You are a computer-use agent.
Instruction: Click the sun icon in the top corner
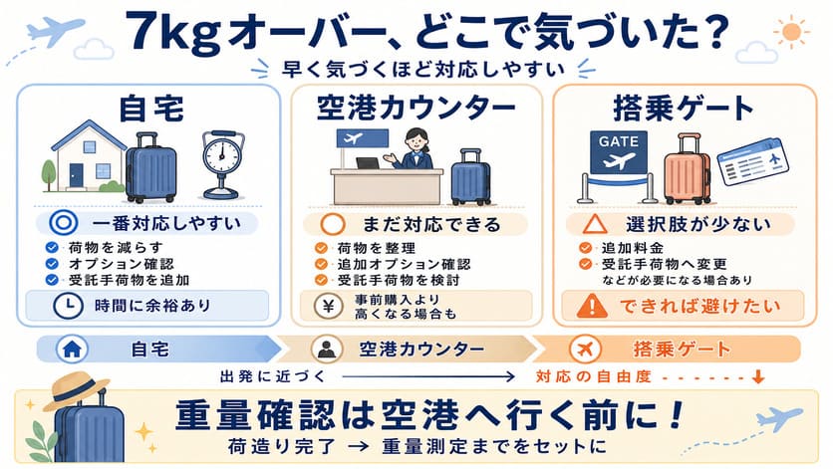(x=791, y=31)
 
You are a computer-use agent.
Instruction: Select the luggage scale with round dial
(x=223, y=164)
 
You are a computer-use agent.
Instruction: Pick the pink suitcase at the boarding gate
(x=688, y=169)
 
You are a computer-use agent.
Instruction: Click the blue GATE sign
(x=619, y=152)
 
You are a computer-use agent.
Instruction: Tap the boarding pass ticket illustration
(x=751, y=161)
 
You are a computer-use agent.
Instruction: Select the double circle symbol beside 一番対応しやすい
(x=63, y=223)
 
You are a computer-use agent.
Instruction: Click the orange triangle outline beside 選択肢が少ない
(x=595, y=224)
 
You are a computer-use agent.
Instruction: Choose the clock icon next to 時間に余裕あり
(x=68, y=306)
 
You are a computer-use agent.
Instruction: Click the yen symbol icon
(x=328, y=306)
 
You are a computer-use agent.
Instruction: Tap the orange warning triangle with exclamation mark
(x=592, y=306)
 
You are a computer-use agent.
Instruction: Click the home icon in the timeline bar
(x=72, y=349)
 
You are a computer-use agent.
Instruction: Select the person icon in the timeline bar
(x=326, y=349)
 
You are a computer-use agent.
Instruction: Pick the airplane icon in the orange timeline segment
(x=584, y=349)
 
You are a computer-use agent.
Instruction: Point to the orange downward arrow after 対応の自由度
(x=758, y=376)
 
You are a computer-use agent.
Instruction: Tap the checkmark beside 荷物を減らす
(x=52, y=248)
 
